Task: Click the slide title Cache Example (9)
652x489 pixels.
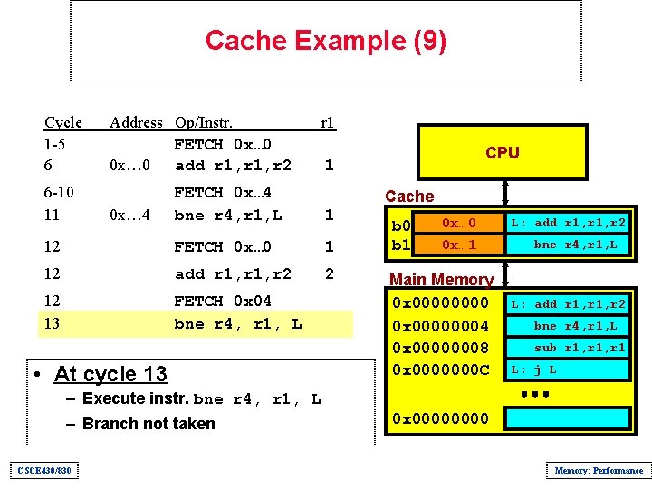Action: pyautogui.click(x=325, y=41)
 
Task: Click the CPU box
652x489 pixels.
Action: pyautogui.click(x=502, y=152)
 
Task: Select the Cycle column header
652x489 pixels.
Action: pyautogui.click(x=63, y=122)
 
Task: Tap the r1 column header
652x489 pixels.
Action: pyautogui.click(x=328, y=122)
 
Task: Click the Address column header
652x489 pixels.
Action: pyautogui.click(x=136, y=122)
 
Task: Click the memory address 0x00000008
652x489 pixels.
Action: pyautogui.click(x=439, y=348)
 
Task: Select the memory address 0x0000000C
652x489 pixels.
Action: pyautogui.click(x=439, y=369)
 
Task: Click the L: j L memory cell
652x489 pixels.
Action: pyautogui.click(x=568, y=369)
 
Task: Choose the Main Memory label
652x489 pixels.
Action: pyautogui.click(x=441, y=280)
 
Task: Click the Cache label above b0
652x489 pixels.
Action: pyautogui.click(x=409, y=197)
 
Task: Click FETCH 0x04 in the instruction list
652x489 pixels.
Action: pyautogui.click(x=223, y=301)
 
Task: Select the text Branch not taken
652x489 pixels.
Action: pyautogui.click(x=149, y=424)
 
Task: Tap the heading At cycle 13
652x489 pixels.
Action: pyautogui.click(x=110, y=374)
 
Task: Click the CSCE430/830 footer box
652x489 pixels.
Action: pyautogui.click(x=43, y=470)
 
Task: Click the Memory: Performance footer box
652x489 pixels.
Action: pyautogui.click(x=599, y=470)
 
